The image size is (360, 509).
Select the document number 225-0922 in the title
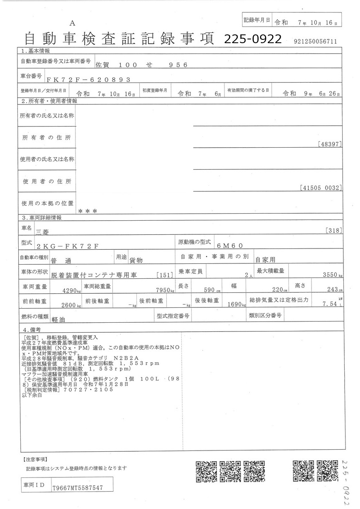[253, 39]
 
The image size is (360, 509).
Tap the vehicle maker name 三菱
[43, 232]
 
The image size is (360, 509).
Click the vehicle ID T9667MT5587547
[77, 488]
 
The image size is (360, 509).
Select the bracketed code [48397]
[330, 144]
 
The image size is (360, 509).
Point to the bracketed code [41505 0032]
[321, 188]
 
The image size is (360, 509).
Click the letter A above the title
[72, 23]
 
